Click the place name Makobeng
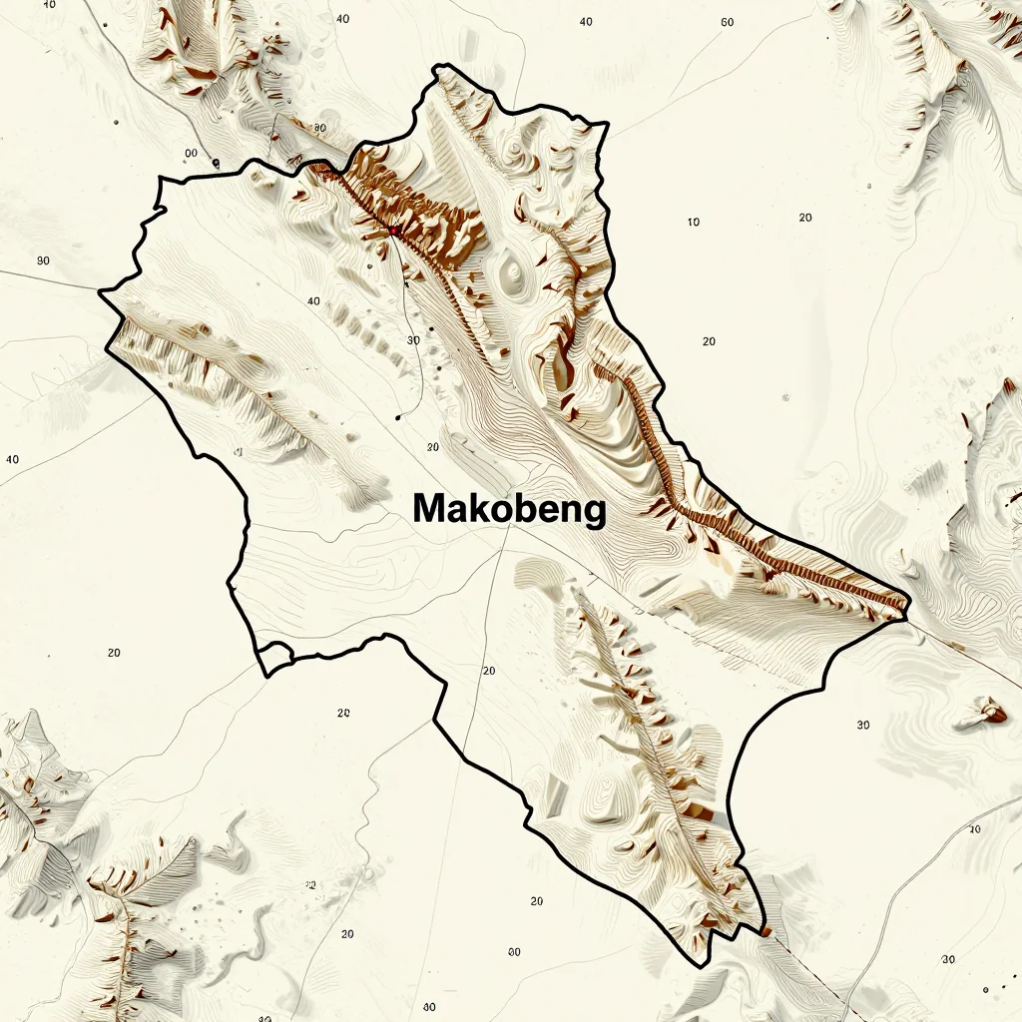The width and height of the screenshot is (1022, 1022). coord(509,509)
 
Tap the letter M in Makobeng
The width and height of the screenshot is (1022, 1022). coord(429,508)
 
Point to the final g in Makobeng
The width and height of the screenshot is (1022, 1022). coord(594,512)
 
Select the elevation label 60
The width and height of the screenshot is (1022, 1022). coord(727,22)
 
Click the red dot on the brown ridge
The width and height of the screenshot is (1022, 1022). coord(394,231)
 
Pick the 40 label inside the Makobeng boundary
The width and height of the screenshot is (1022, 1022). coord(314,300)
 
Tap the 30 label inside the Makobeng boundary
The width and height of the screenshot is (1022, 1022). coord(414,340)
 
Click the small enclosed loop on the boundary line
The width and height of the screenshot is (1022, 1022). coord(273,657)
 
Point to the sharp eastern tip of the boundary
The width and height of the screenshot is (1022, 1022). coord(909,604)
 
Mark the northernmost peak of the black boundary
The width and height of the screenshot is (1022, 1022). coord(435,68)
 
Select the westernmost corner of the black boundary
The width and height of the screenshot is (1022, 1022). coord(100,291)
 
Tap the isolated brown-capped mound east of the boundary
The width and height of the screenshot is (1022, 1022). coord(992,712)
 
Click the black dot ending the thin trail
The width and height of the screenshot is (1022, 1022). coord(398,417)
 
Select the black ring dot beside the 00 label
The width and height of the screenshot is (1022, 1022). coord(216,161)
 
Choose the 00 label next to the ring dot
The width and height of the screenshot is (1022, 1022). coord(191,153)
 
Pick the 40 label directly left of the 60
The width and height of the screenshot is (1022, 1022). coord(585,22)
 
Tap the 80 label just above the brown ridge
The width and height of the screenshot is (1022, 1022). coord(319,128)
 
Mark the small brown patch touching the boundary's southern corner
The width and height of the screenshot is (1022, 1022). coord(766,931)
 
